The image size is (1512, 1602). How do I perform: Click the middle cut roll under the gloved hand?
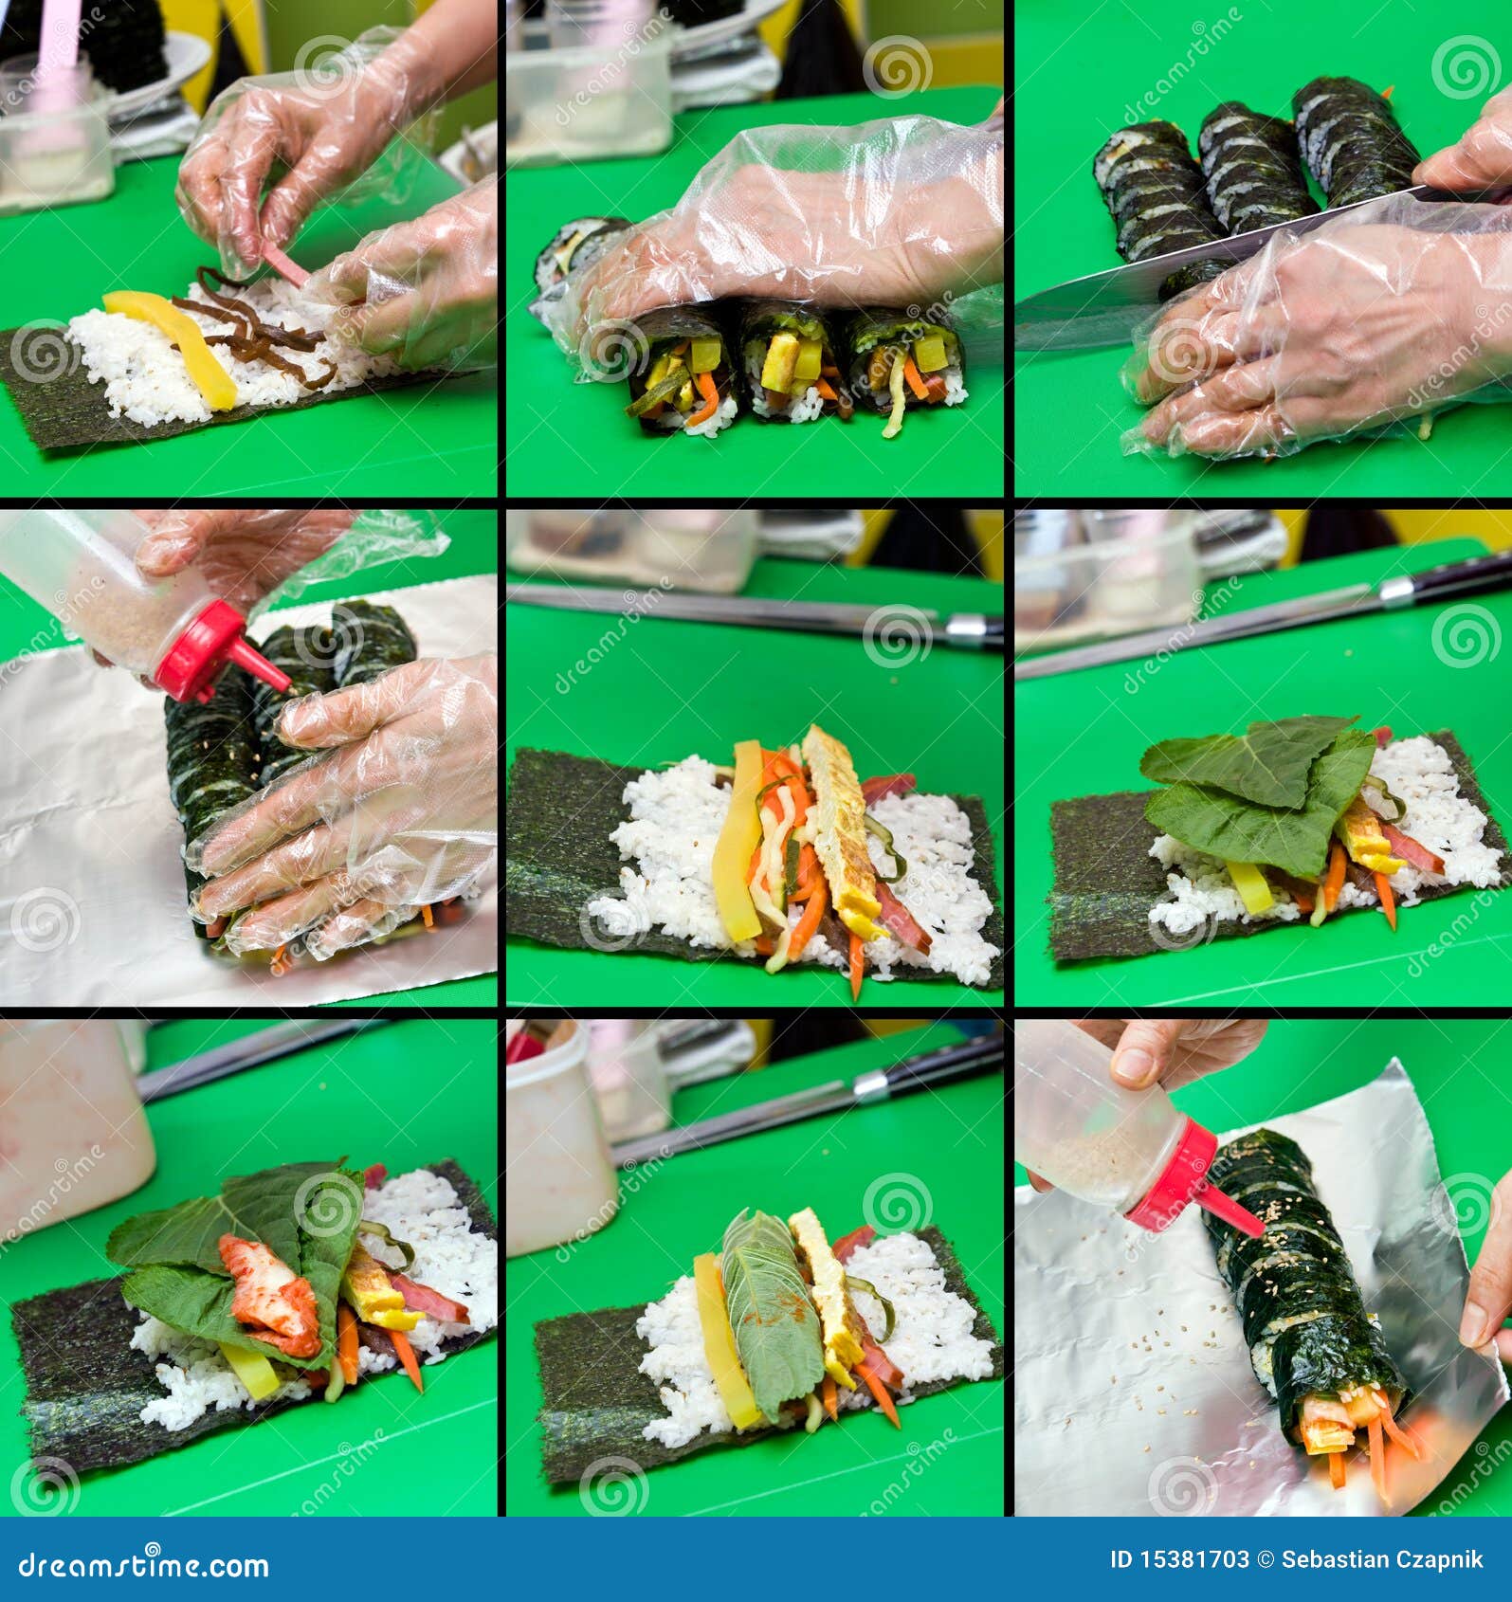(788, 365)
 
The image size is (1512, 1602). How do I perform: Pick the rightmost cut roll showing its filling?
(908, 370)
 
